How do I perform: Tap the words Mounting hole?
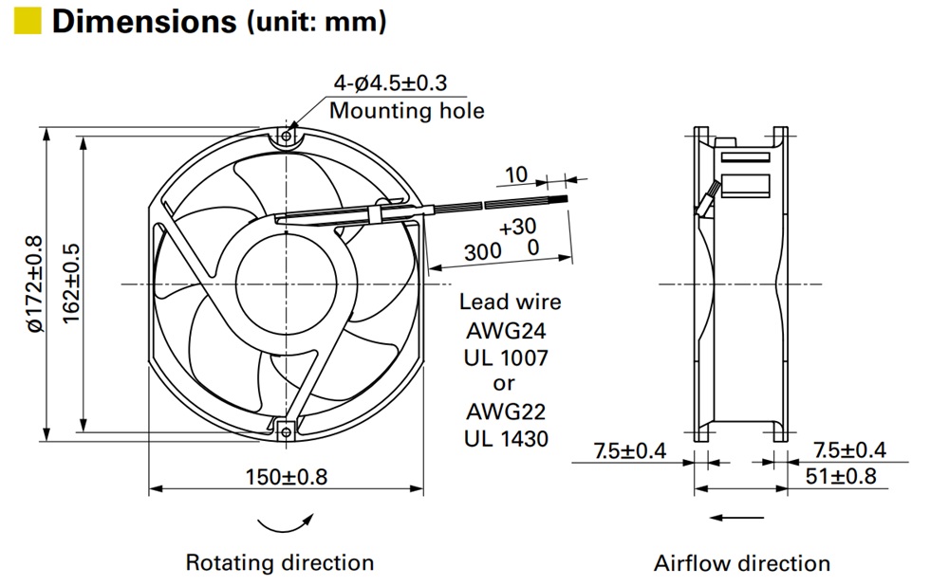coord(406,111)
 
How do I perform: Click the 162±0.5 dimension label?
coord(71,284)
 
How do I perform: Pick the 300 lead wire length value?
coord(483,252)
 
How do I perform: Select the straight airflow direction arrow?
coord(737,518)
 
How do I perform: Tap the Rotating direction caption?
coord(279,562)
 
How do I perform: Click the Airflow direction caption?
coord(741,563)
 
